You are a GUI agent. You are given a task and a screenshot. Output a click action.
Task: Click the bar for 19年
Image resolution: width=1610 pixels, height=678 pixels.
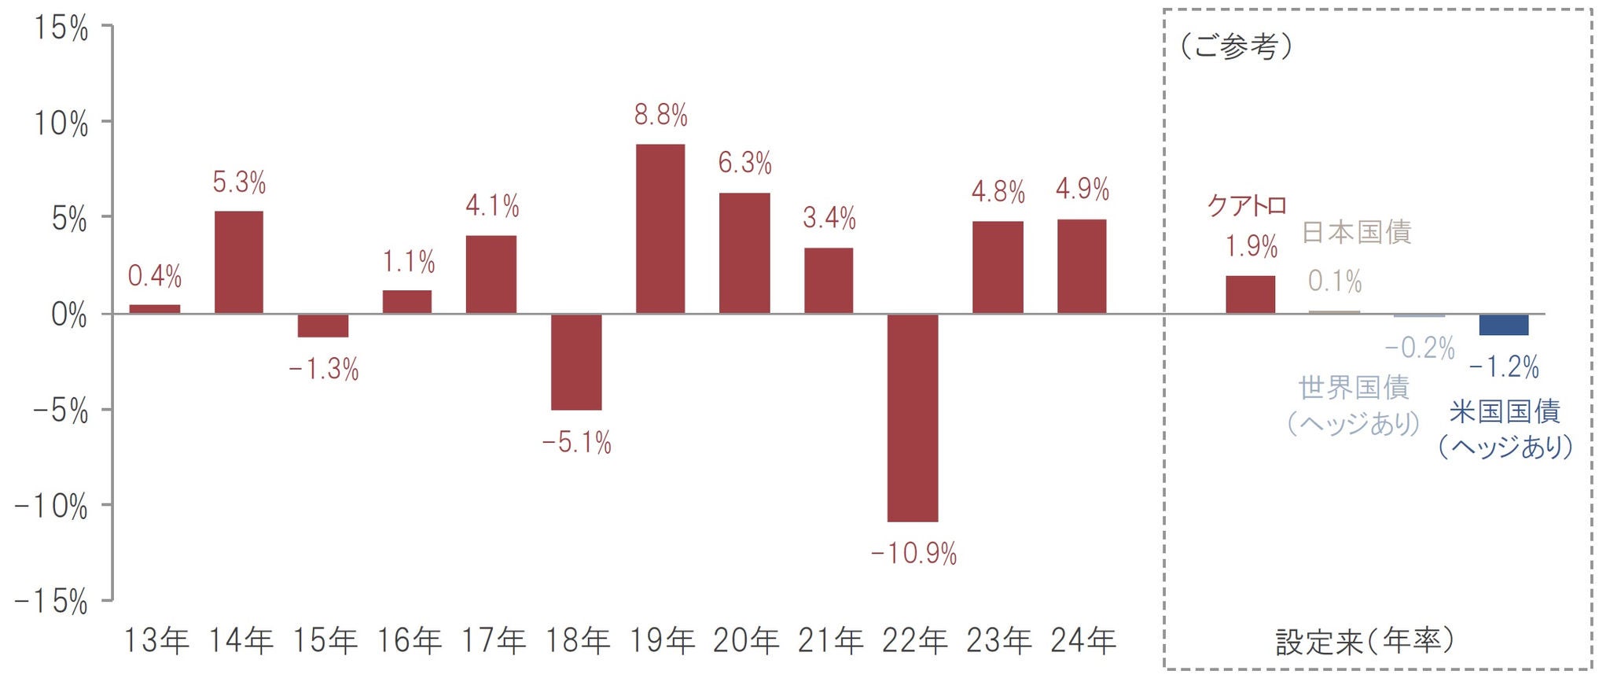(x=660, y=229)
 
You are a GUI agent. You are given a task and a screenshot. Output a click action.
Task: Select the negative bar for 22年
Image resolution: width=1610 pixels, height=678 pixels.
(x=913, y=418)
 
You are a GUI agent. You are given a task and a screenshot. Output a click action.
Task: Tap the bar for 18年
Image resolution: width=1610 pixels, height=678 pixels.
(x=576, y=362)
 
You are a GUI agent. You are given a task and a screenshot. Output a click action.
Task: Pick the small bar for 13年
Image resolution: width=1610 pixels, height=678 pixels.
(x=155, y=309)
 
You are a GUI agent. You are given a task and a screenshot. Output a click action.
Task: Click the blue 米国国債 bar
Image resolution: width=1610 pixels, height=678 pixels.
(x=1504, y=325)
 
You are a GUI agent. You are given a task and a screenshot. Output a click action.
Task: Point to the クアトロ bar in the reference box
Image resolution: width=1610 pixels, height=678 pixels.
(x=1251, y=295)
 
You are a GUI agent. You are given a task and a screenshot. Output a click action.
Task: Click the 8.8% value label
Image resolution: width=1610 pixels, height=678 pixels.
(x=661, y=116)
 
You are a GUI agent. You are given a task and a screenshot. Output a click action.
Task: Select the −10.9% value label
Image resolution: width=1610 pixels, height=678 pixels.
(x=913, y=554)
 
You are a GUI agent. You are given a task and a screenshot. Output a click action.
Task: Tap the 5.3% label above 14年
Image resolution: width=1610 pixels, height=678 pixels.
(x=239, y=182)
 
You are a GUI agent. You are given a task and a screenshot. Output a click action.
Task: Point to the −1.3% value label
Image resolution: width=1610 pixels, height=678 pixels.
(x=323, y=369)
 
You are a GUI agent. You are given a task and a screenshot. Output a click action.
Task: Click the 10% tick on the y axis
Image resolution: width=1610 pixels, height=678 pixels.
(x=61, y=123)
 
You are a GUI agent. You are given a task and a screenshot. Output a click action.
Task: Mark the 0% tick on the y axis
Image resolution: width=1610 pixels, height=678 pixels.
(x=69, y=315)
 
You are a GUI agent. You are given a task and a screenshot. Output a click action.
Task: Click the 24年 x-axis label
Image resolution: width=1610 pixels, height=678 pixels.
(x=1083, y=641)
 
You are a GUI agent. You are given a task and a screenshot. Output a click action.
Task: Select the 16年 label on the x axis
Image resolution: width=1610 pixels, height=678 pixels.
(x=408, y=641)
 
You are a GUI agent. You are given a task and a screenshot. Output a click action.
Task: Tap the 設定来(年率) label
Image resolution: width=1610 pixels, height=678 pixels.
(x=1365, y=641)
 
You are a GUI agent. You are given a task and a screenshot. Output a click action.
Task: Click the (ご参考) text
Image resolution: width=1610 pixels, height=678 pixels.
(x=1236, y=46)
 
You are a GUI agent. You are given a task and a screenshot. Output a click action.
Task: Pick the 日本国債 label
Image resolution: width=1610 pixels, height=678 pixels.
(x=1357, y=232)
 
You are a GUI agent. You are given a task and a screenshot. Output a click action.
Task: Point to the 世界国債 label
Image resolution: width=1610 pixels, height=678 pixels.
(x=1354, y=388)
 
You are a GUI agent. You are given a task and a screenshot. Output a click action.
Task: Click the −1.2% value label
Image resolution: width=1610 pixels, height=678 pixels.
(x=1504, y=367)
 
